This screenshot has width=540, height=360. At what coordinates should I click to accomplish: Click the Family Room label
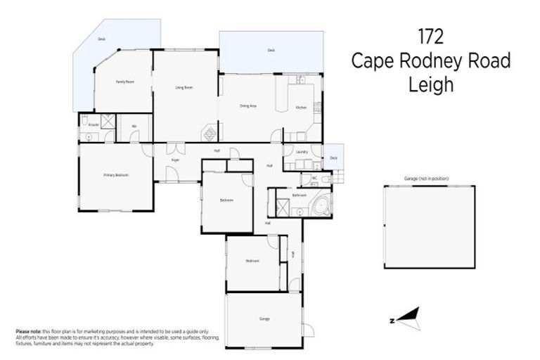pyautogui.click(x=125, y=82)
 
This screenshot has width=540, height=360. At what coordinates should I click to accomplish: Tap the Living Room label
pyautogui.click(x=184, y=87)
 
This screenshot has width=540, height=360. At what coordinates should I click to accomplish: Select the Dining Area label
pyautogui.click(x=247, y=105)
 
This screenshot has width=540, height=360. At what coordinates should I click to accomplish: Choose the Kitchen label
pyautogui.click(x=301, y=108)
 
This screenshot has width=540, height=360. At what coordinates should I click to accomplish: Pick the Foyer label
pyautogui.click(x=175, y=160)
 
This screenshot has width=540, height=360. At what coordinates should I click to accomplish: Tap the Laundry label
pyautogui.click(x=302, y=152)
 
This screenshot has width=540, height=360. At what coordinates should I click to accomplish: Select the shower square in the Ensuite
pyautogui.click(x=108, y=122)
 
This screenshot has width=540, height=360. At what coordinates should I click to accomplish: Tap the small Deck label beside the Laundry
pyautogui.click(x=333, y=158)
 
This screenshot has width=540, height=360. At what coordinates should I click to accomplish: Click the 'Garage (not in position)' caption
pyautogui.click(x=426, y=179)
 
